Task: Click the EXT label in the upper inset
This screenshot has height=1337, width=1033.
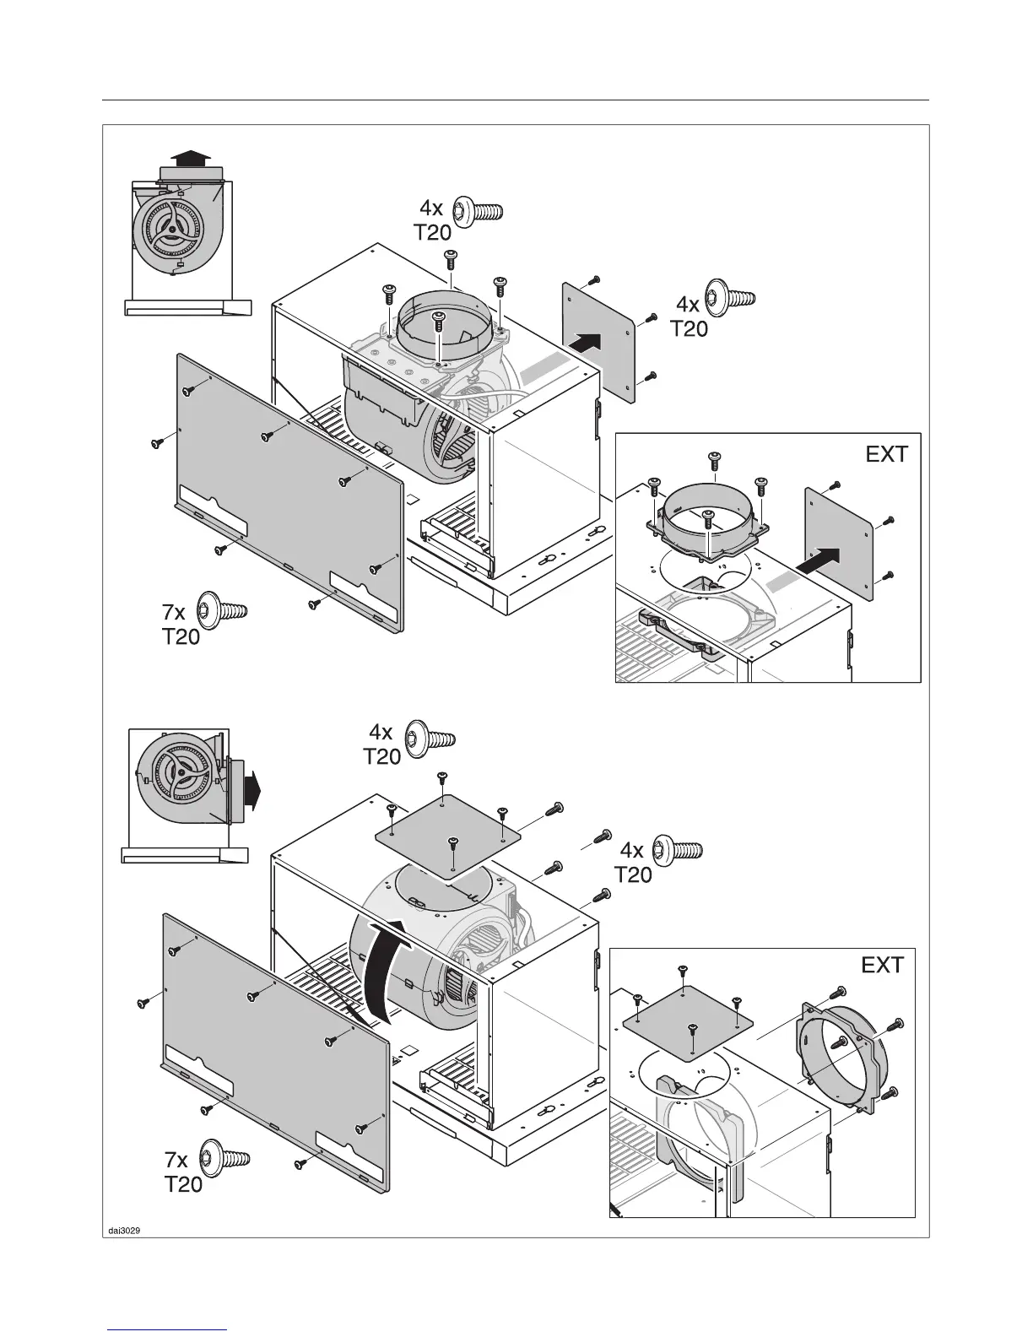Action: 886,454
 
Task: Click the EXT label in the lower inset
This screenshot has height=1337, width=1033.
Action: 882,965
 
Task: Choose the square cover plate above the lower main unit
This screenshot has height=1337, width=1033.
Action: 446,835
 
